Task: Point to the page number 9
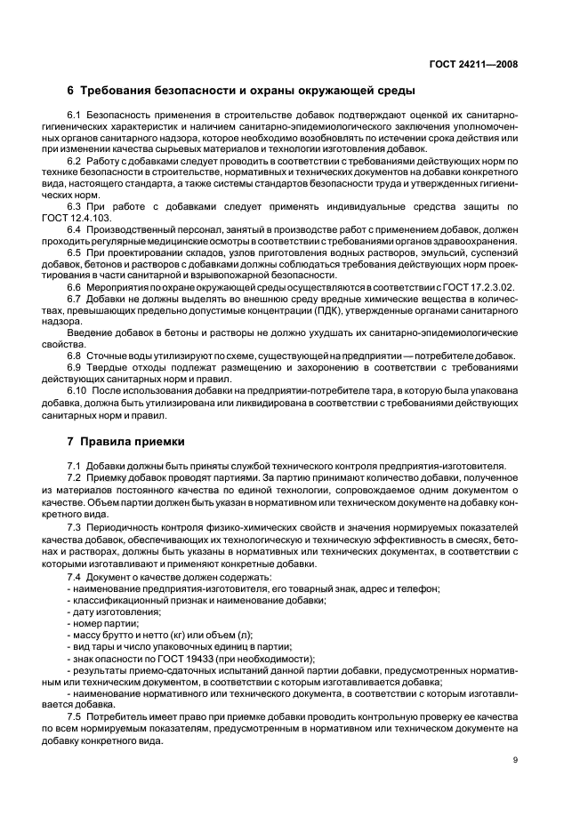coord(515,759)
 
